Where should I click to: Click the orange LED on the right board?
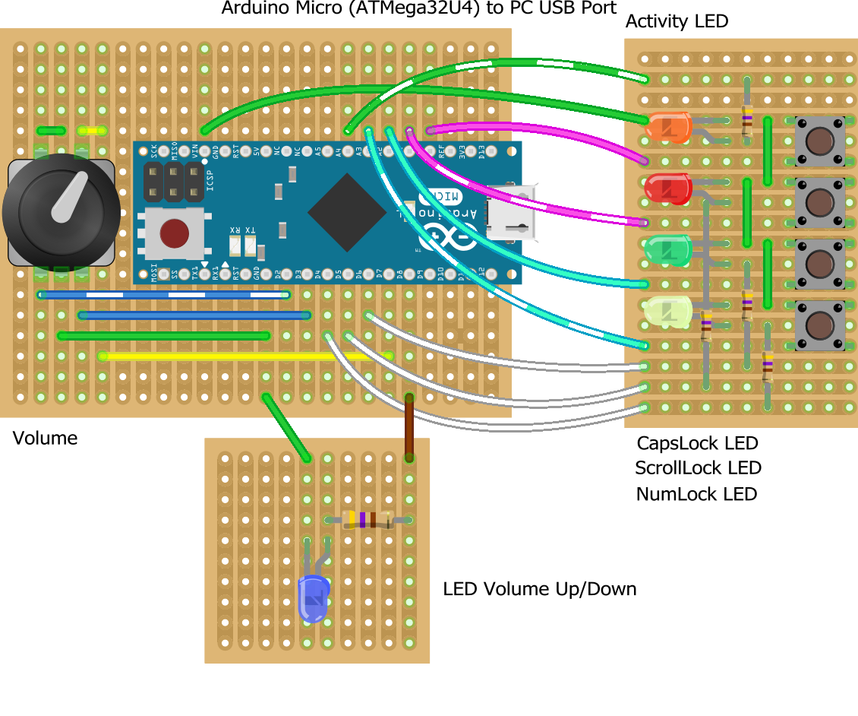click(667, 127)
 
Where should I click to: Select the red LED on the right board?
click(667, 189)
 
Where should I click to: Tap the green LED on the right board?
click(667, 250)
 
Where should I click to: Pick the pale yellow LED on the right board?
click(667, 311)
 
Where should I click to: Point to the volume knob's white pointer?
click(69, 195)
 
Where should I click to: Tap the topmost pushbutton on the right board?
click(819, 141)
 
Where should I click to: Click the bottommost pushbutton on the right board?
click(819, 325)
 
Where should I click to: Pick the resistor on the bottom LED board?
click(367, 520)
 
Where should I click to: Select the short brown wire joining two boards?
click(409, 426)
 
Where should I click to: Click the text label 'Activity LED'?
click(677, 21)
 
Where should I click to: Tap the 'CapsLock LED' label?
click(697, 443)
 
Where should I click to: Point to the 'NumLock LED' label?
click(696, 494)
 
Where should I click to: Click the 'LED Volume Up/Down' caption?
click(539, 589)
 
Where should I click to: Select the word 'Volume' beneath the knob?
click(45, 439)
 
